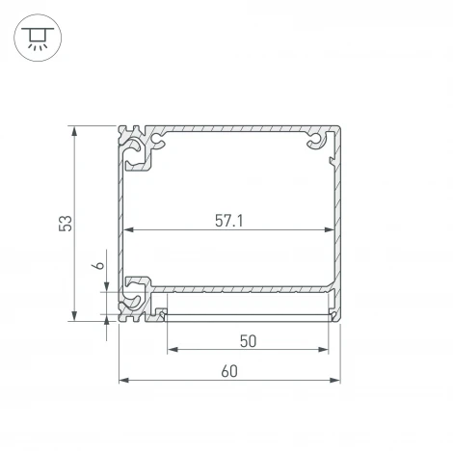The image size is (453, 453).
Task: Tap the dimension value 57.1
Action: pos(228,220)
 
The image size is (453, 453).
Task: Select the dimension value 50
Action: pos(248,340)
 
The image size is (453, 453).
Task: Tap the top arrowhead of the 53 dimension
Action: pos(75,130)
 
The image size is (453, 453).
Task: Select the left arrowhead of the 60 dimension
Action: pos(122,382)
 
